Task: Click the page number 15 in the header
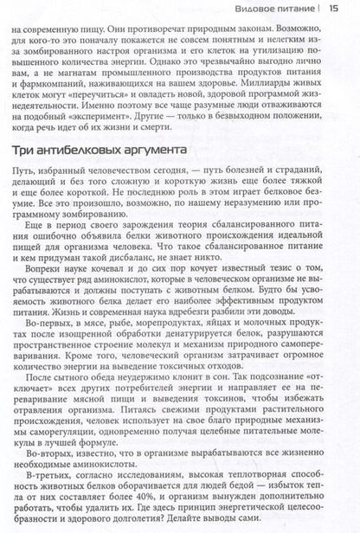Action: (x=345, y=9)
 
